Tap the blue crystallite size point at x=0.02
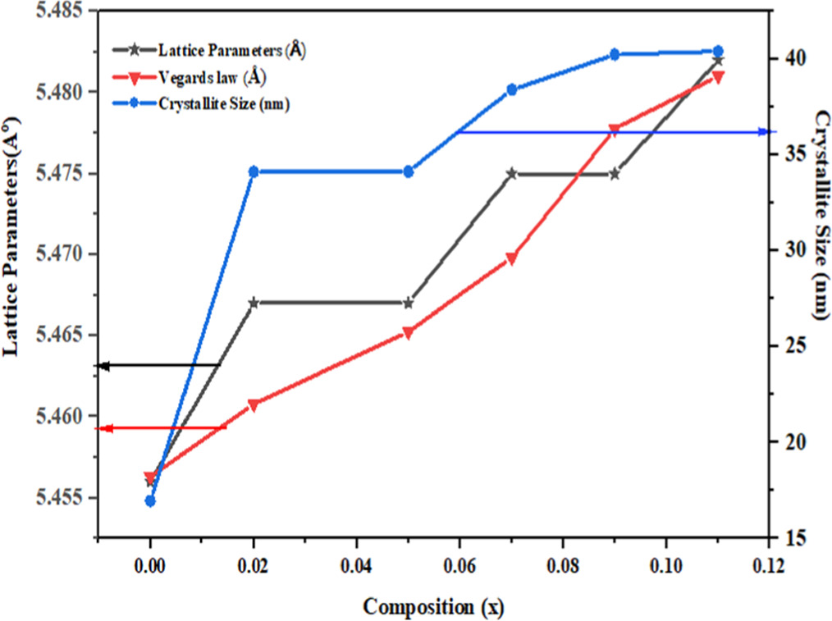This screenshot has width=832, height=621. point(254,171)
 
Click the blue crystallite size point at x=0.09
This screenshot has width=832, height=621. point(614,54)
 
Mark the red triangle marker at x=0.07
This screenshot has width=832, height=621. point(511,258)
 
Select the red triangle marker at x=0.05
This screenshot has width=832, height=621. point(408,333)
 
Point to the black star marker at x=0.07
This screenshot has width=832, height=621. point(511,173)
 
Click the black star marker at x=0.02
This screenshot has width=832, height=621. point(254,303)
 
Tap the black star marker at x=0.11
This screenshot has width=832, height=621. point(718,60)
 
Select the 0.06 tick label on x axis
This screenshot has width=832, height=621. point(459,567)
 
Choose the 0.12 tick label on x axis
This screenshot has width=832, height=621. point(768,567)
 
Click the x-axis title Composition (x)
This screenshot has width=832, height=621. point(433,606)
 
